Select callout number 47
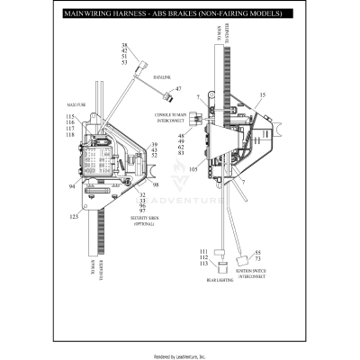[177, 89]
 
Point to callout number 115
[70, 117]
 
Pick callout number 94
[71, 186]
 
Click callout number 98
[156, 184]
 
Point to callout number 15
[262, 94]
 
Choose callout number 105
[192, 168]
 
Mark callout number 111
[203, 251]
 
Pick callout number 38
[124, 46]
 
